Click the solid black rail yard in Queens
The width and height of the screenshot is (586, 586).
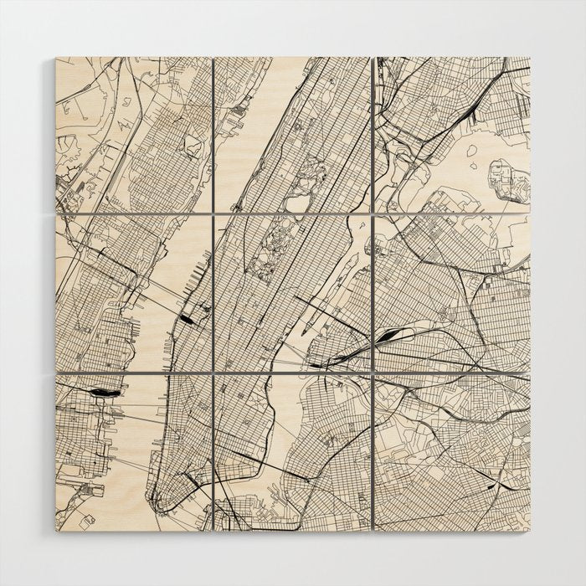click(x=388, y=336)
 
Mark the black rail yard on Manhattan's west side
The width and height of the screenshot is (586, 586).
click(x=189, y=316)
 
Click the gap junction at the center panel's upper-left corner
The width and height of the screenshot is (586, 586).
click(x=213, y=213)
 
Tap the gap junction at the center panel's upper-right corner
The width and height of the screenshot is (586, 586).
click(x=372, y=213)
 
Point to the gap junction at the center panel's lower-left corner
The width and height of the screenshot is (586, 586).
click(x=213, y=372)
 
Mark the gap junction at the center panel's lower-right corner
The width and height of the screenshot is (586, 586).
click(x=372, y=372)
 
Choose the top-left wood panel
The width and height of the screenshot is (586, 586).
click(x=133, y=134)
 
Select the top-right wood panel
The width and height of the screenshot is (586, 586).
click(x=452, y=134)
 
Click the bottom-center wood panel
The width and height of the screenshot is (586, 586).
click(x=292, y=452)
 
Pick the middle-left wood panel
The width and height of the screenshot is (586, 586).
click(x=133, y=292)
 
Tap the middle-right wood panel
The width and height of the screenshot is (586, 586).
click(x=452, y=292)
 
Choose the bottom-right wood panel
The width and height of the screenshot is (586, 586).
click(x=452, y=452)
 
